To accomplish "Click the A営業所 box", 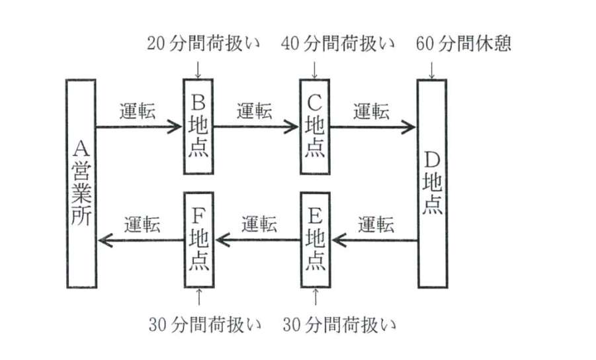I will (x=83, y=183).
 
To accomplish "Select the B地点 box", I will (x=198, y=126).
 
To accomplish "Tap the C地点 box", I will (x=314, y=126).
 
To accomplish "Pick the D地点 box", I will (x=432, y=183).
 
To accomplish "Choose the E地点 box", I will (x=315, y=240).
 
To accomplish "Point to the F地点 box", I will (x=198, y=240).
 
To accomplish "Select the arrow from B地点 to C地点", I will (x=257, y=126).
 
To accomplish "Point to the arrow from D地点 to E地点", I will (x=374, y=241).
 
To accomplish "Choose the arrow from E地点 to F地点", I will (x=257, y=241).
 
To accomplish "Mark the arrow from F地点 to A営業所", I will (x=140, y=241).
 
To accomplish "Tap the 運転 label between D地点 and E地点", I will (x=376, y=224).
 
